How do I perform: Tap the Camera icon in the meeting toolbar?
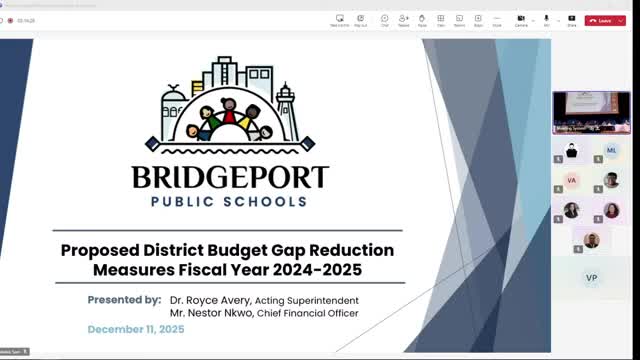(521, 19)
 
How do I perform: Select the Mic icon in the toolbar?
(546, 19)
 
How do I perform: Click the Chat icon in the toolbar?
(384, 19)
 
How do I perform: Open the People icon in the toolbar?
(403, 19)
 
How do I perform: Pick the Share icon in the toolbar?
(572, 19)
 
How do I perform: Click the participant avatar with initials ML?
(611, 150)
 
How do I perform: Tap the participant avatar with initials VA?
(572, 180)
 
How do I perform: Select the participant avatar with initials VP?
(591, 276)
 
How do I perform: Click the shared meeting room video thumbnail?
(591, 112)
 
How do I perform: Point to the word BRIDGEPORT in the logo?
(230, 178)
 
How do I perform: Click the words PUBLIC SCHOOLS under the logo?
(230, 201)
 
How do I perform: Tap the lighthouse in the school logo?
(287, 108)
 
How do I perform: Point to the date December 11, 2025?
(136, 329)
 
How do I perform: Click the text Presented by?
(124, 299)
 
